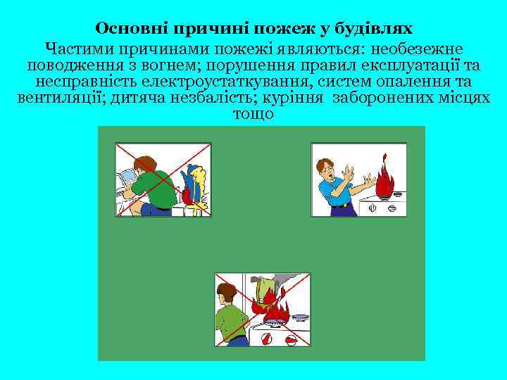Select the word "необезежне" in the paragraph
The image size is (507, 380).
click(x=410, y=49)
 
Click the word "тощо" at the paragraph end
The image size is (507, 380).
click(x=253, y=114)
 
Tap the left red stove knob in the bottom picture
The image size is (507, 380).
click(x=266, y=339)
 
